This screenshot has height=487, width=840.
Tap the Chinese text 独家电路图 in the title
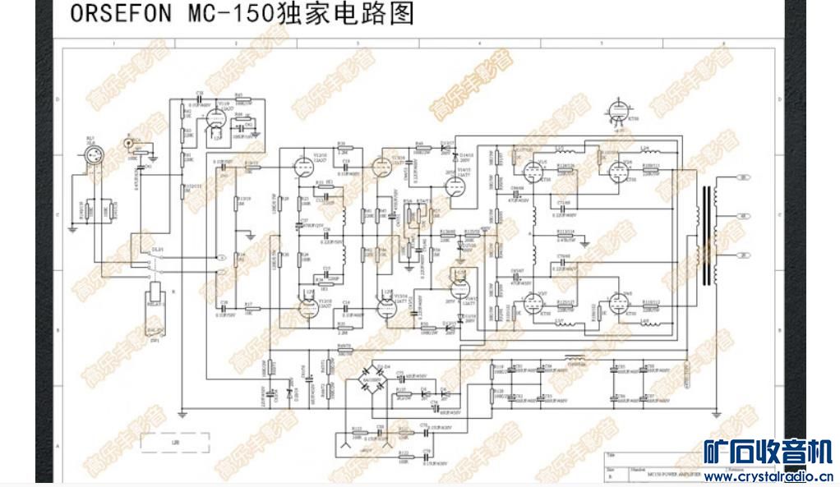click(344, 14)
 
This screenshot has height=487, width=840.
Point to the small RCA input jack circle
click(129, 144)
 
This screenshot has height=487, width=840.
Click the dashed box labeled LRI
click(172, 443)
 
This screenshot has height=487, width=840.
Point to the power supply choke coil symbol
click(575, 359)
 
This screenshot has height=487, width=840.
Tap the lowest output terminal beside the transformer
click(744, 255)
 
